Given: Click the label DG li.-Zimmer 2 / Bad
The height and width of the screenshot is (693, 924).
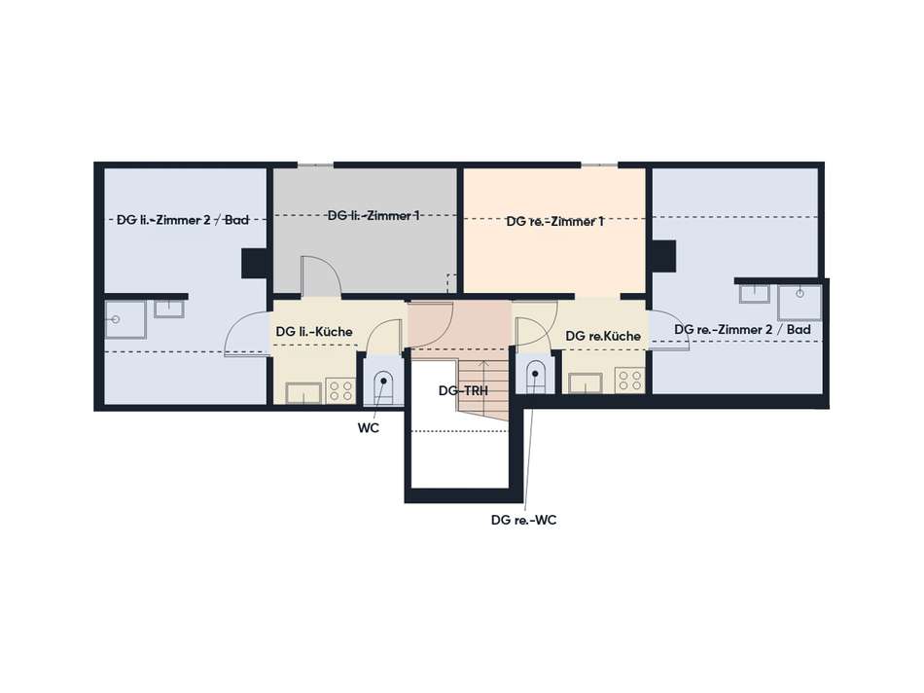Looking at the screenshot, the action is (183, 220).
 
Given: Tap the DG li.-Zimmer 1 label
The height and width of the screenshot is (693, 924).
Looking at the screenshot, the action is (373, 216).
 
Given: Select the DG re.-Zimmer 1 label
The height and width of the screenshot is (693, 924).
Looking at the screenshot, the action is (555, 222).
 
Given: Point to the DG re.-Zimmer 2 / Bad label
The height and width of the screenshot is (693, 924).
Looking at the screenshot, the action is (742, 330).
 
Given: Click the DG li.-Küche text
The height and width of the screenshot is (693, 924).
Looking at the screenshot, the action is (314, 332).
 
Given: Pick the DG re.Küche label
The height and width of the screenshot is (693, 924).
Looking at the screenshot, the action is (603, 336).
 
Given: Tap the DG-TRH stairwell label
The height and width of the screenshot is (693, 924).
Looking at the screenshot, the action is (463, 390).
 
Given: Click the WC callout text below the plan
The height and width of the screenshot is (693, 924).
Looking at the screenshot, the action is (369, 428).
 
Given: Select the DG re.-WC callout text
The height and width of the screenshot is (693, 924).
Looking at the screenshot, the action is (524, 520).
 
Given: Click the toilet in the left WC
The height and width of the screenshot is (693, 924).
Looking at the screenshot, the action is (383, 387).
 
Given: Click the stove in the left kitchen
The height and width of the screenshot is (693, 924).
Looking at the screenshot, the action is (340, 390).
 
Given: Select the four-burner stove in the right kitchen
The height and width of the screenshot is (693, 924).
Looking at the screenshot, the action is (629, 381).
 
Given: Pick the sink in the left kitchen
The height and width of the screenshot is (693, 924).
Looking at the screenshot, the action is (303, 393).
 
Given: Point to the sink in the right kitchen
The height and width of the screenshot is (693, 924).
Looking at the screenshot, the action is (586, 383).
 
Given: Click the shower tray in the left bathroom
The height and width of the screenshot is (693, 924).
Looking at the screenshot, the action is (125, 319).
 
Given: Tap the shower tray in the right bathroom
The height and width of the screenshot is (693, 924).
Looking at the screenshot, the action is (800, 303).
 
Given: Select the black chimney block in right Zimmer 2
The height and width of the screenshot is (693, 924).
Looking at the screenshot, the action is (663, 256).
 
